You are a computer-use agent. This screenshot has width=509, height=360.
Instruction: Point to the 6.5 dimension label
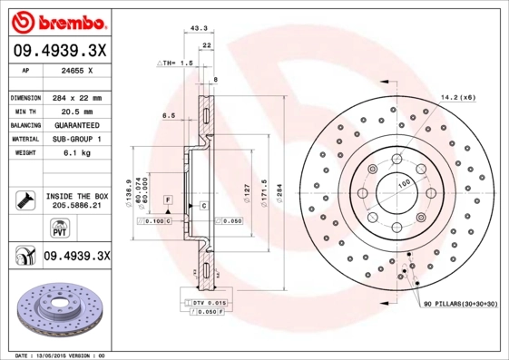pos(168,116)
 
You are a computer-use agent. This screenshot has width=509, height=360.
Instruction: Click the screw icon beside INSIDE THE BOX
pos(24,199)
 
